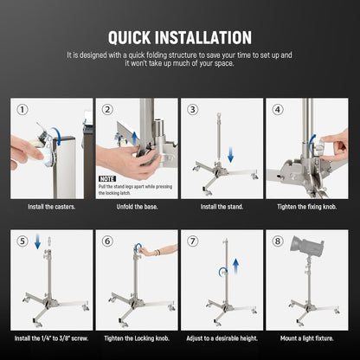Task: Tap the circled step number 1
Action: [x=22, y=110]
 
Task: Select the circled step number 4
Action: [x=278, y=110]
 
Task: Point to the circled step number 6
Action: [x=107, y=241]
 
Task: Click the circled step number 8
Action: [x=278, y=241]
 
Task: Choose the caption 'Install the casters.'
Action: [x=51, y=207]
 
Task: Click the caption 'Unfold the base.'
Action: [x=136, y=207]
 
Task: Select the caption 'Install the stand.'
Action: [x=222, y=207]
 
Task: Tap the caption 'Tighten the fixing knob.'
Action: [x=306, y=207]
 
